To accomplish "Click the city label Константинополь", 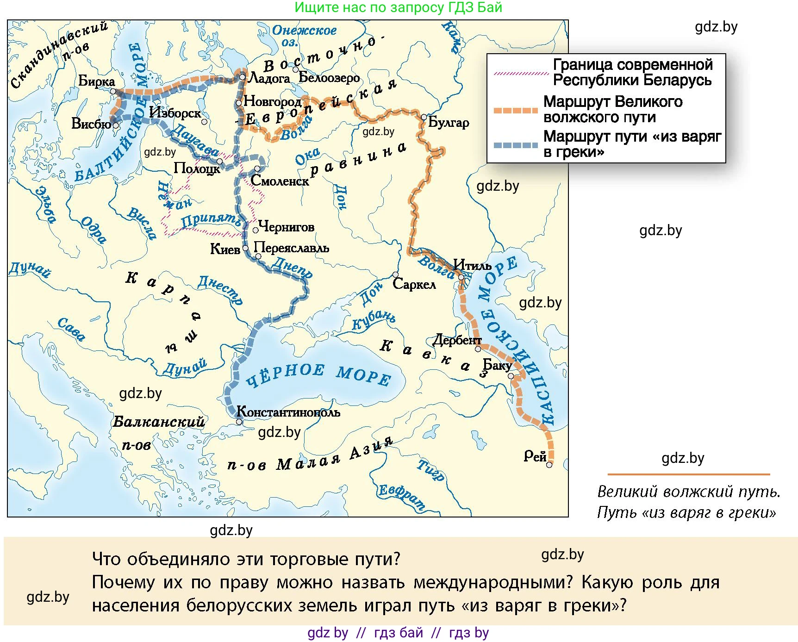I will pyautogui.click(x=288, y=411).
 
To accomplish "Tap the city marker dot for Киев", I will pyautogui.click(x=245, y=248).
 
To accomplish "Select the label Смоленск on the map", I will pyautogui.click(x=280, y=181).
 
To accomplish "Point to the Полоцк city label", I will pyautogui.click(x=197, y=168).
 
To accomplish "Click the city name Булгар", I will pyautogui.click(x=449, y=122).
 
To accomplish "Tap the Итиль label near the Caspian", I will pyautogui.click(x=472, y=265).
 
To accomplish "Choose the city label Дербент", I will pyautogui.click(x=457, y=340).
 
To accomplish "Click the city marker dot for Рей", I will pyautogui.click(x=549, y=465).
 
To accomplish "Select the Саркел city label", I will pyautogui.click(x=414, y=284).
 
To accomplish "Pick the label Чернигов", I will pyautogui.click(x=287, y=227).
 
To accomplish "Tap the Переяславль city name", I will pyautogui.click(x=291, y=248).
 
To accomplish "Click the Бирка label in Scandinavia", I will pyautogui.click(x=96, y=81).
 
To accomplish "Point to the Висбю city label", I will pyautogui.click(x=91, y=124).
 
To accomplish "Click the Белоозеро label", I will pyautogui.click(x=329, y=77).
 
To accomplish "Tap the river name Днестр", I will pyautogui.click(x=220, y=290).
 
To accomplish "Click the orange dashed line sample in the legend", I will pyautogui.click(x=515, y=110).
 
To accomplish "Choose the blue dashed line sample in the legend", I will pyautogui.click(x=515, y=145).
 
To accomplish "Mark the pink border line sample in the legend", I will pyautogui.click(x=521, y=73).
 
